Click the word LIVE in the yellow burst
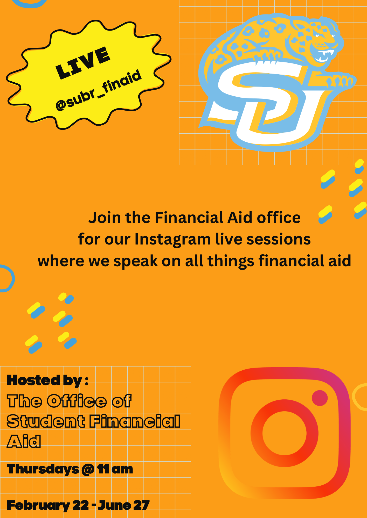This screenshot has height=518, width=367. point(83,63)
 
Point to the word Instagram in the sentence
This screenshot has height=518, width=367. point(172,239)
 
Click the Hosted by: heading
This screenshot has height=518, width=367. point(48,380)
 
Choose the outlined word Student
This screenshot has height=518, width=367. point(46,421)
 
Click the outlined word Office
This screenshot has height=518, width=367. point(77,401)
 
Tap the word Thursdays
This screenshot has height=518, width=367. point(43,469)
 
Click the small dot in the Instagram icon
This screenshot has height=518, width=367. point(320,398)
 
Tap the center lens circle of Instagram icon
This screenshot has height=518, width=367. point(285,433)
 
